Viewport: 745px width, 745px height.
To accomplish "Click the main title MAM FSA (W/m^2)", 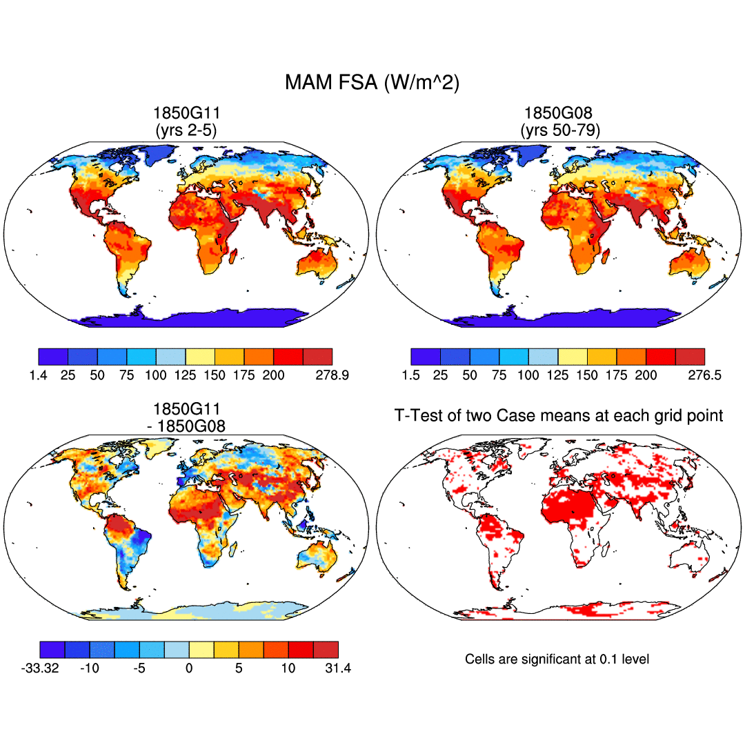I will click(372, 83).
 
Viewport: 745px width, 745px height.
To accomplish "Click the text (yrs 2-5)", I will click(185, 130).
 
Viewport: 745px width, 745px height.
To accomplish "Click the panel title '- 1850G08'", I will click(186, 426).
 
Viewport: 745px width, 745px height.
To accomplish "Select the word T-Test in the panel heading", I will click(414, 415).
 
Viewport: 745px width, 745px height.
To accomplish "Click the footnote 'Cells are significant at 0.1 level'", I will click(557, 659).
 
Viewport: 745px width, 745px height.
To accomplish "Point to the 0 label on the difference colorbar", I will click(189, 668).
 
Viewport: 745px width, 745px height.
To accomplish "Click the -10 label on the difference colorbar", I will click(89, 668).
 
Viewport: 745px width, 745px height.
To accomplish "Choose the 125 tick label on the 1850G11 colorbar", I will click(186, 375).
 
